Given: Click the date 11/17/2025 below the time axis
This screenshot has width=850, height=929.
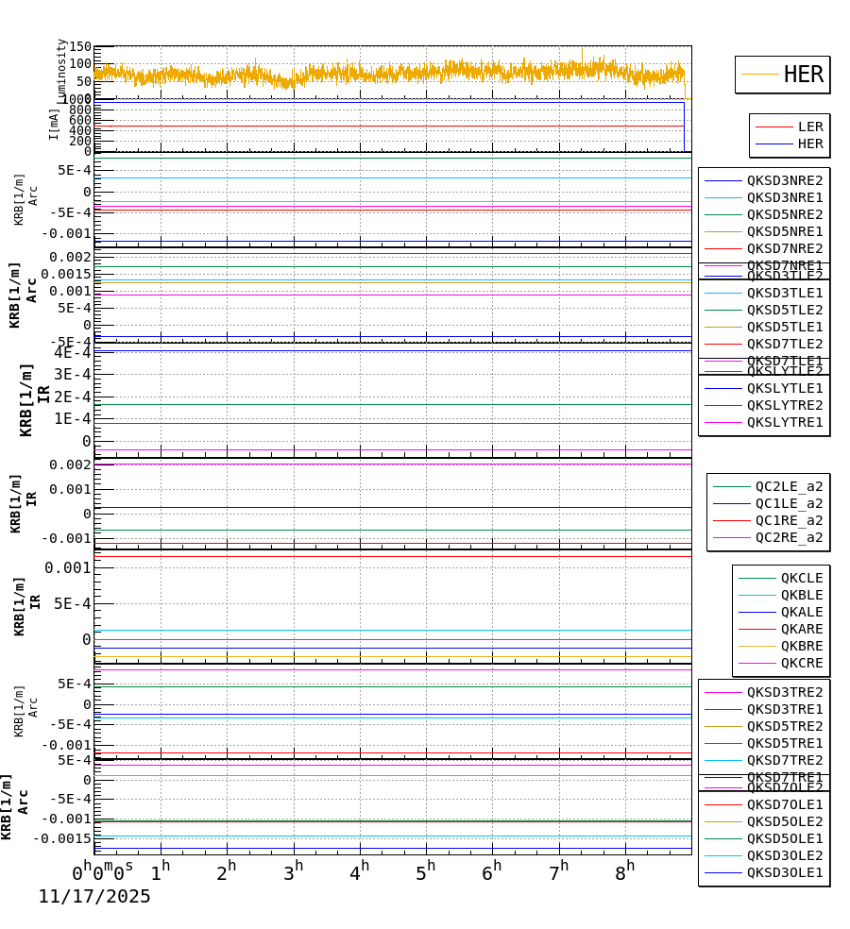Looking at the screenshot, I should click(94, 897).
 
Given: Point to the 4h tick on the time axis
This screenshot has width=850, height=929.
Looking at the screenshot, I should click(359, 873).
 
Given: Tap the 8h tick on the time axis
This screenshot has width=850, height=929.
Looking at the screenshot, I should click(624, 873).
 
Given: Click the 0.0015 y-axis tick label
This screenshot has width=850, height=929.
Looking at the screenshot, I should click(65, 274).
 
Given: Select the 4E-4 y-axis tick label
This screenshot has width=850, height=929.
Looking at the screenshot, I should click(73, 353).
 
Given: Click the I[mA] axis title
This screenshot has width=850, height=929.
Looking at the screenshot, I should click(55, 124).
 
